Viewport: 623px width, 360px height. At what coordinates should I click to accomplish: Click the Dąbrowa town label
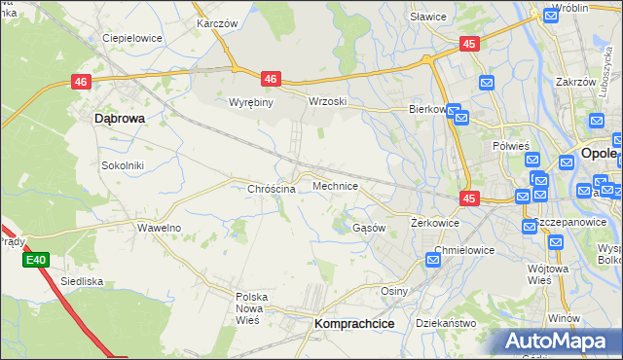[119, 118]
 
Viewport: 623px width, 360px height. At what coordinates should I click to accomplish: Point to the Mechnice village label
[335, 185]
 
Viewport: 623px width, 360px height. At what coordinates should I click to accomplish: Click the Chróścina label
[272, 189]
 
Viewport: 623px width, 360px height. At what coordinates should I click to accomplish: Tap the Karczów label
[217, 23]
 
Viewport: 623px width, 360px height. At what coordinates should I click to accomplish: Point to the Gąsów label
[369, 228]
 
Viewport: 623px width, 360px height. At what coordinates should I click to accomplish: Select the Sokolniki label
[123, 165]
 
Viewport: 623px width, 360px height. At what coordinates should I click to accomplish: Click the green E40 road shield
[36, 260]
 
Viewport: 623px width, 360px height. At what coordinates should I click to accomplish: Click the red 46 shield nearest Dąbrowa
[81, 84]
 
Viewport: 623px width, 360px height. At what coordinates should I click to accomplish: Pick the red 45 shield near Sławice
[470, 44]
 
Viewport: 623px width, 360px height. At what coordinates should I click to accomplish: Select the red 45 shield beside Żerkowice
[470, 198]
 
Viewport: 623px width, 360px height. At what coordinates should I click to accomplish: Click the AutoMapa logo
[558, 341]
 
